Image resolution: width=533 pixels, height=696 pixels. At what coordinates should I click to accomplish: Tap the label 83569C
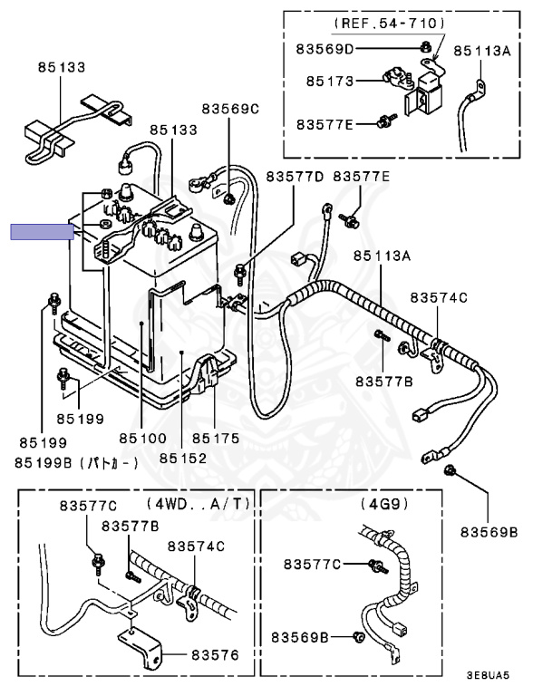tap(230, 109)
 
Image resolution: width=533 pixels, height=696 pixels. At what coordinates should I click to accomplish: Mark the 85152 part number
tap(182, 458)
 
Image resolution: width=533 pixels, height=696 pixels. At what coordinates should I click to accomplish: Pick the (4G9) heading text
tap(379, 502)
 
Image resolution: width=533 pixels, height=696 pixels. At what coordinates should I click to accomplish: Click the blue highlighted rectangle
tap(41, 232)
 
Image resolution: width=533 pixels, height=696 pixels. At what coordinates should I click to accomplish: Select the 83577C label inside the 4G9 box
tap(312, 565)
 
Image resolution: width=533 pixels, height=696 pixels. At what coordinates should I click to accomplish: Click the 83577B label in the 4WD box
tap(130, 526)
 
